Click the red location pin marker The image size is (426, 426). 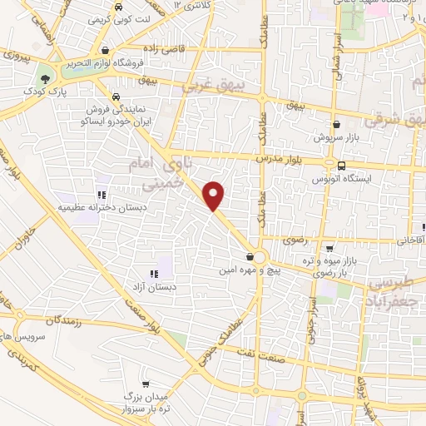[215, 196]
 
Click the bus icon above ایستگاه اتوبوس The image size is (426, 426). [341, 166]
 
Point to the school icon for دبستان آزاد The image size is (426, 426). [153, 274]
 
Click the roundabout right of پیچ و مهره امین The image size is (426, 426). [260, 258]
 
